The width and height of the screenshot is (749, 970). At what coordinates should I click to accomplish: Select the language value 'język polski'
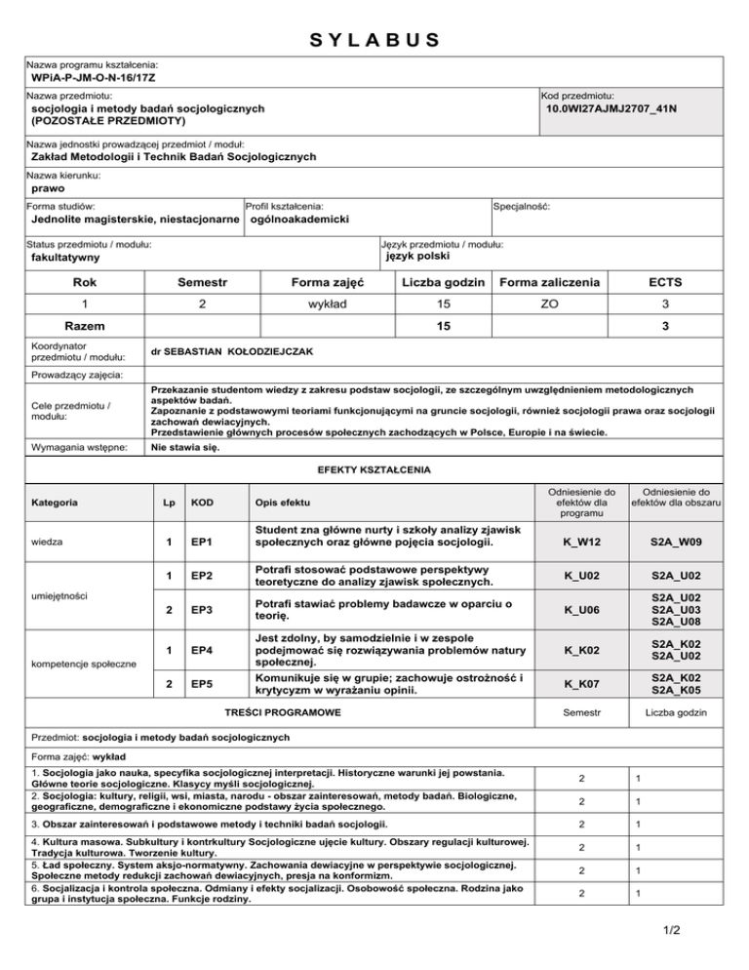pyautogui.click(x=427, y=257)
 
